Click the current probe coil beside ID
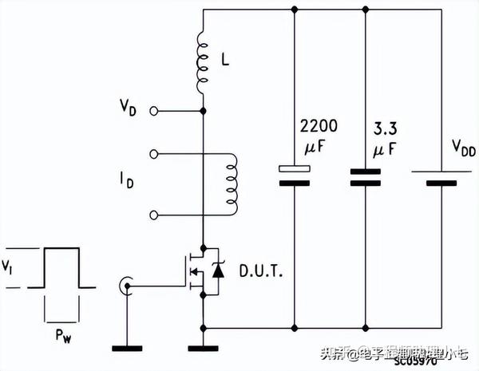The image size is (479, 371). tap(232, 184)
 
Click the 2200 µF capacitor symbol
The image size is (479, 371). tap(295, 175)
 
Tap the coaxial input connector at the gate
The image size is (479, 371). tap(125, 284)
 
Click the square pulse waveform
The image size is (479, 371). tap(61, 267)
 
